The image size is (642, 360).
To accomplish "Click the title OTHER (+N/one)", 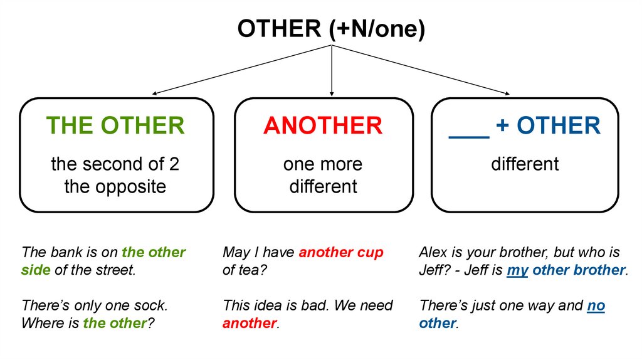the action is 331,29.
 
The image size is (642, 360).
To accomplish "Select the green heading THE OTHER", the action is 115,125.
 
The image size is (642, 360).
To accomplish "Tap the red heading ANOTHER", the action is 323,125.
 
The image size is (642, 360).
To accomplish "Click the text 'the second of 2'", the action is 115,164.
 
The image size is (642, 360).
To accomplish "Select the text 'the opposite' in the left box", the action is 115,186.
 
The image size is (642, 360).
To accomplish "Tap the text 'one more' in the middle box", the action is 323,164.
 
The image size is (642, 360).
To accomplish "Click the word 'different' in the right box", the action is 525,164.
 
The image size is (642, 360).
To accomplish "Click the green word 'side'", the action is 35,270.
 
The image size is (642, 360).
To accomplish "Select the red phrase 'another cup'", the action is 341,253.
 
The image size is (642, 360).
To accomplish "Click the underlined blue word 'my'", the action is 517,270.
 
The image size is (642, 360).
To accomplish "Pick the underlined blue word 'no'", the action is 596,306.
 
